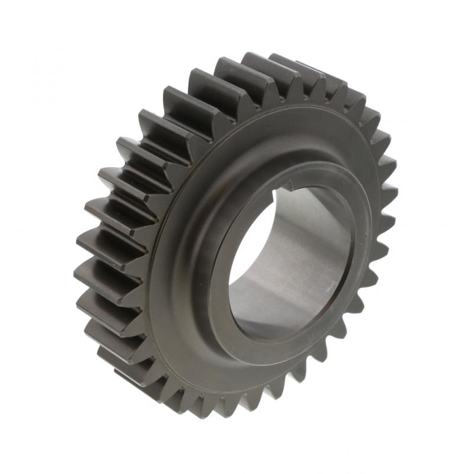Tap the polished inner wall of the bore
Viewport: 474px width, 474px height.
pyautogui.click(x=308, y=249)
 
